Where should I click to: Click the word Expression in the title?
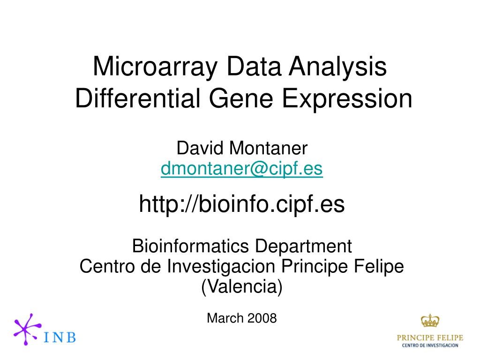tap(347, 98)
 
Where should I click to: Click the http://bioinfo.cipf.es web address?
tap(241, 204)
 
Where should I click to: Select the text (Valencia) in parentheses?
tap(241, 286)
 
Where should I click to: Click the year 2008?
tap(262, 318)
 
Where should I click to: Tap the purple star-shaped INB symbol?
tap(27, 329)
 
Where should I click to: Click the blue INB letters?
tap(60, 337)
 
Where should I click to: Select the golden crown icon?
tap(430, 321)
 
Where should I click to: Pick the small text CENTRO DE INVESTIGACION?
tap(430, 345)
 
